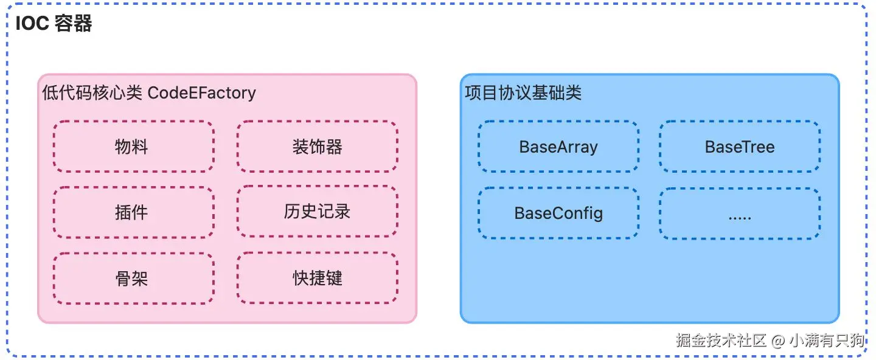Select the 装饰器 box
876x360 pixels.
tap(317, 147)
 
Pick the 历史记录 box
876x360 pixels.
tap(317, 212)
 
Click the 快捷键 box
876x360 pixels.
tap(317, 279)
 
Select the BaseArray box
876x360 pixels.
tap(558, 147)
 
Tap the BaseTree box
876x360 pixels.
tap(739, 147)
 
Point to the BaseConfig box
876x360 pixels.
tap(558, 213)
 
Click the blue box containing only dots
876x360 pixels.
tap(739, 213)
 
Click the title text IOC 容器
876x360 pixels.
tap(54, 24)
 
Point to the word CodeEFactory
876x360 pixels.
tap(201, 93)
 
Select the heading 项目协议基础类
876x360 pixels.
tap(523, 93)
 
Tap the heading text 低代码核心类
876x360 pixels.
tap(92, 93)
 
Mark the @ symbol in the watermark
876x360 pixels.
tap(777, 341)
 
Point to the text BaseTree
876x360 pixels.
tap(739, 147)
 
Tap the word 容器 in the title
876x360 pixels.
tap(73, 24)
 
